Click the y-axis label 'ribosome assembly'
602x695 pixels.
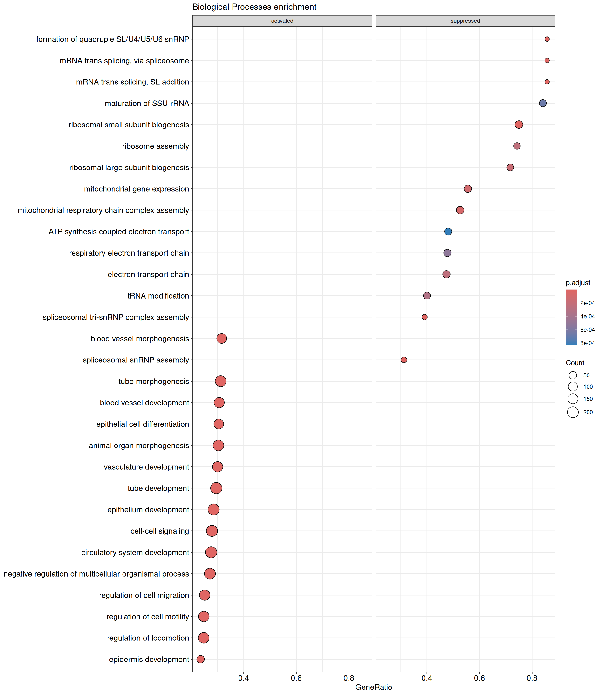[156, 146]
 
